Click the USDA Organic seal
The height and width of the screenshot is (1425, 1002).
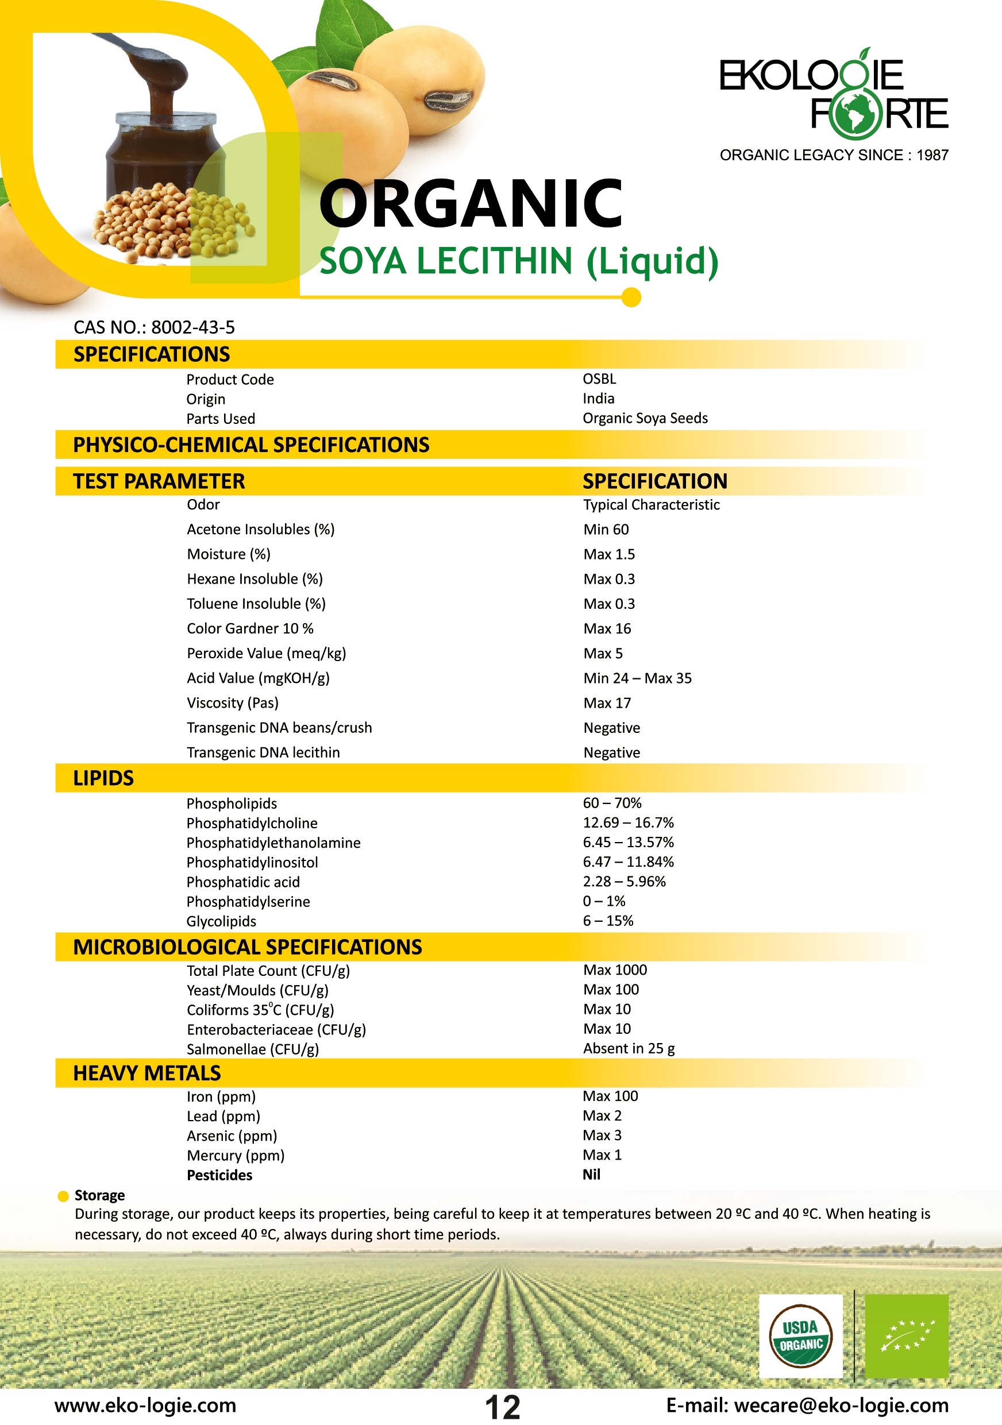[x=800, y=1336]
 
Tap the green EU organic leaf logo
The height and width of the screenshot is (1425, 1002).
[x=907, y=1336]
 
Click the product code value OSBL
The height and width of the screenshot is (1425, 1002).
[x=599, y=379]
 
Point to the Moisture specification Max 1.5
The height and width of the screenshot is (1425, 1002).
[x=609, y=554]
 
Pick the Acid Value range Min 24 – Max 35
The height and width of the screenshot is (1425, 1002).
[x=637, y=678]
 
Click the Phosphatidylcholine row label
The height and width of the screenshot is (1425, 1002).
[x=252, y=823]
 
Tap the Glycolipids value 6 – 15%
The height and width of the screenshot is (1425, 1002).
[x=608, y=921]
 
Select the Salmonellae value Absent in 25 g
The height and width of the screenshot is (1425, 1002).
[x=629, y=1048]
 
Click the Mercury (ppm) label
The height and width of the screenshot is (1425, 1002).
[x=236, y=1155]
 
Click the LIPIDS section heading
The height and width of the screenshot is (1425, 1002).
[x=103, y=778]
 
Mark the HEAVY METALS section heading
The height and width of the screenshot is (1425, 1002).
[x=147, y=1073]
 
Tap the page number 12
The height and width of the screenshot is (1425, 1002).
[x=502, y=1407]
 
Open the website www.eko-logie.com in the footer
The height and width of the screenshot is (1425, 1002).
[x=145, y=1405]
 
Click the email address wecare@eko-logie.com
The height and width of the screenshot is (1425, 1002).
[x=841, y=1405]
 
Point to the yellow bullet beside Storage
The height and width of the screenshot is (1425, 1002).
[x=63, y=1196]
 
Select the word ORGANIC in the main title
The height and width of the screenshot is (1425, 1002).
[x=471, y=203]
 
